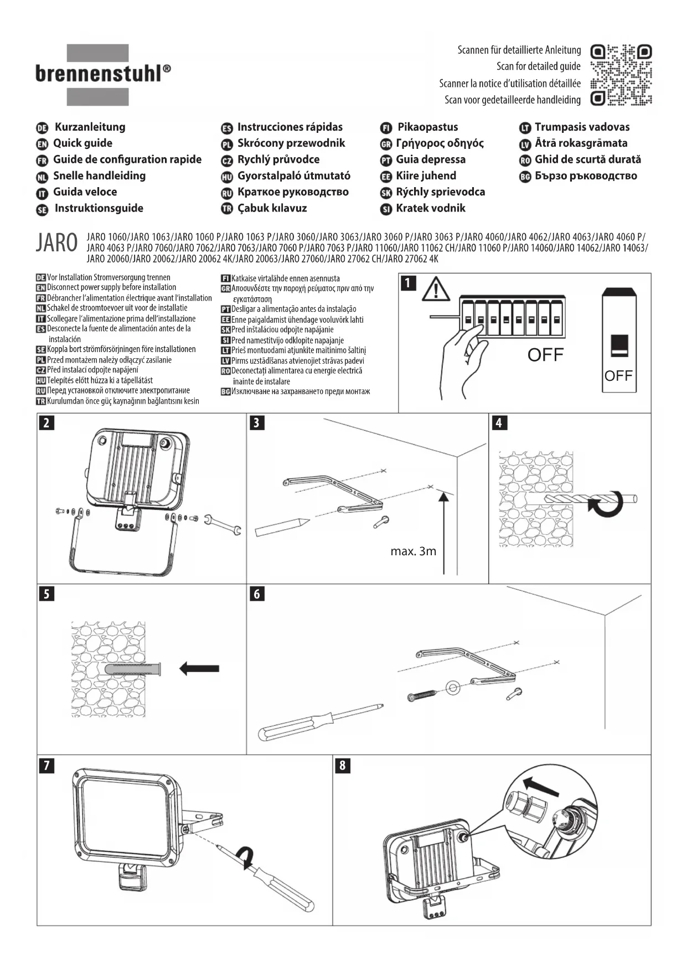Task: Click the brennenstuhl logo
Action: click(103, 74)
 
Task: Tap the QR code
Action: click(621, 75)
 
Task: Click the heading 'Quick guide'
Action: click(82, 143)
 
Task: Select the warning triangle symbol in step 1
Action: click(436, 289)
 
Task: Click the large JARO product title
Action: click(56, 243)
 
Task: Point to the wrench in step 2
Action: click(223, 524)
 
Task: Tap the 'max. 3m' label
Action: click(413, 551)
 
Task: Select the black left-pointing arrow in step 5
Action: click(199, 668)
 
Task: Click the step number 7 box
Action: click(47, 766)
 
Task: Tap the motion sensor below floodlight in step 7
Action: click(132, 877)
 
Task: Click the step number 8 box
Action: click(343, 766)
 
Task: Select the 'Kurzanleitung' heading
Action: click(90, 127)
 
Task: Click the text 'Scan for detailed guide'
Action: click(538, 66)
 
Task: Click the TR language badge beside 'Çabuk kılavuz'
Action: click(226, 209)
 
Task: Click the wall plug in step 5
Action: click(132, 669)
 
